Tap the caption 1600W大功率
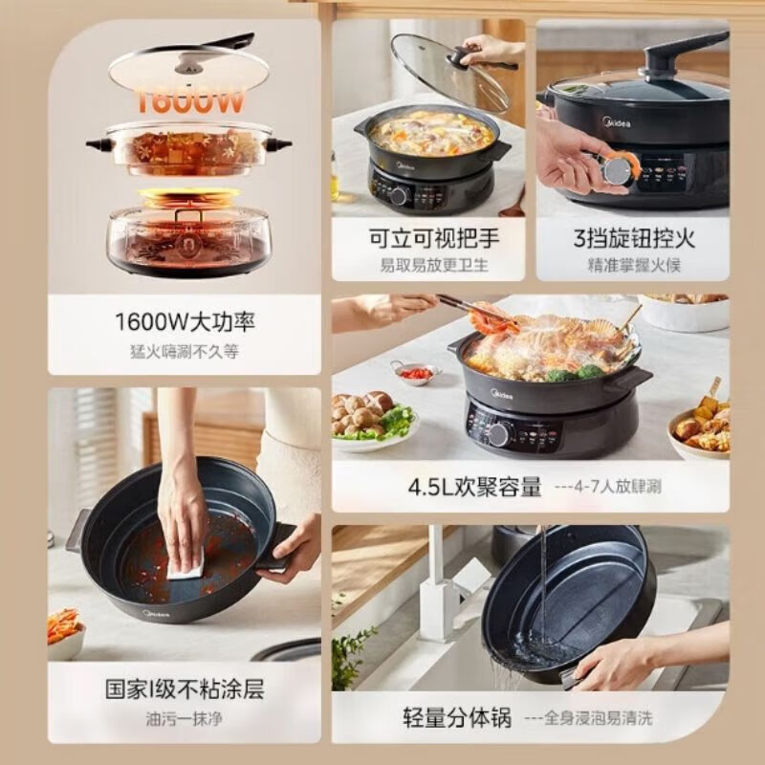pyautogui.click(x=185, y=322)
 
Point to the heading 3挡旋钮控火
pyautogui.click(x=632, y=237)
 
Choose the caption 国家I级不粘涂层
pyautogui.click(x=185, y=688)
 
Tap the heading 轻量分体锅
pyautogui.click(x=456, y=717)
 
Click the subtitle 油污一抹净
pyautogui.click(x=185, y=718)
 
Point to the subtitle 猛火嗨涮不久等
pyautogui.click(x=185, y=351)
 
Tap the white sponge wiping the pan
pyautogui.click(x=186, y=566)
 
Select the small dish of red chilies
pyautogui.click(x=414, y=372)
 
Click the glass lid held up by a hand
pyautogui.click(x=449, y=71)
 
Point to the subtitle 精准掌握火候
pyautogui.click(x=632, y=265)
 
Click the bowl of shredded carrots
pyautogui.click(x=65, y=631)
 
